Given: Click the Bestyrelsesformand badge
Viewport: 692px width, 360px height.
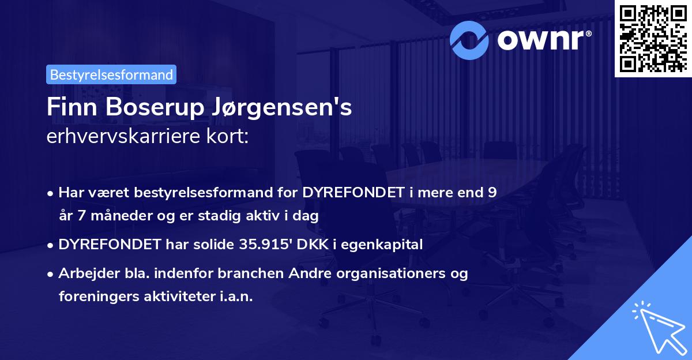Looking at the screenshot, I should (111, 74).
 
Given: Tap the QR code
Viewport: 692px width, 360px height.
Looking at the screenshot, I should (652, 38).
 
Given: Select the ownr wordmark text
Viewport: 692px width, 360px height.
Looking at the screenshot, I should (543, 39).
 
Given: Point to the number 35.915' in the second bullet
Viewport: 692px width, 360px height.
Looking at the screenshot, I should (256, 244).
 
